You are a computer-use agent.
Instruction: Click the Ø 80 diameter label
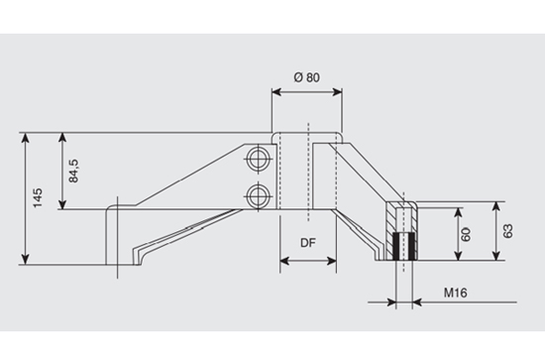tap(307, 77)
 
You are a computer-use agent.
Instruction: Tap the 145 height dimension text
tap(38, 198)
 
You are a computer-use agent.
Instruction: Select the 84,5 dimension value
tap(73, 171)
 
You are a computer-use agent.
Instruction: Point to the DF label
tap(308, 243)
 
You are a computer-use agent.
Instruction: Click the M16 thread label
tap(456, 293)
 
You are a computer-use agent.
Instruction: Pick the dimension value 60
tap(466, 234)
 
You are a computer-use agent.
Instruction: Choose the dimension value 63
tap(507, 231)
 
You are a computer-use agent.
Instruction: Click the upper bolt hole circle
tap(258, 159)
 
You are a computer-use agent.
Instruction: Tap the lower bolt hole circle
tap(258, 195)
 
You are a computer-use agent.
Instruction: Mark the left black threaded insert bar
tap(395, 246)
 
